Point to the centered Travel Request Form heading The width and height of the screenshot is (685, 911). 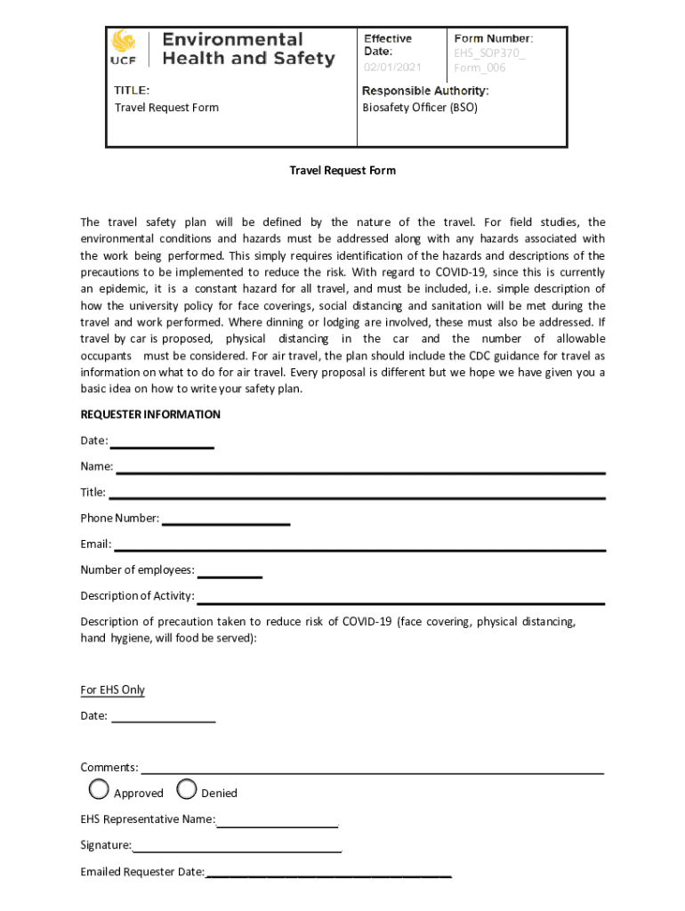[x=342, y=170]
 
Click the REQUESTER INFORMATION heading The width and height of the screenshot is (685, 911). [x=150, y=415]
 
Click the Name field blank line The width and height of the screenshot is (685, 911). [x=360, y=472]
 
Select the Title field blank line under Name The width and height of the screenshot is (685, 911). [x=356, y=497]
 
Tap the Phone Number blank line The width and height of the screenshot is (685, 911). [x=226, y=523]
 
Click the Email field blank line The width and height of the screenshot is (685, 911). [x=359, y=549]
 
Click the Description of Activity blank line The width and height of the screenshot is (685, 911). [x=400, y=601]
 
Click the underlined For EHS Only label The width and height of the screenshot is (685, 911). [x=113, y=690]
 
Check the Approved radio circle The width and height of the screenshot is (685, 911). [x=99, y=789]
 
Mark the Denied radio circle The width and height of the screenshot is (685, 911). [x=187, y=789]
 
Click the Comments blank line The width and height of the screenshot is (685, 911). [x=373, y=772]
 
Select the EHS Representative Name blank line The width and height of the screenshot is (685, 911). [x=278, y=825]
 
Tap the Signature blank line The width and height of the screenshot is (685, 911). [x=238, y=851]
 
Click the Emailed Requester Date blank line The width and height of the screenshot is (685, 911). [x=328, y=876]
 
